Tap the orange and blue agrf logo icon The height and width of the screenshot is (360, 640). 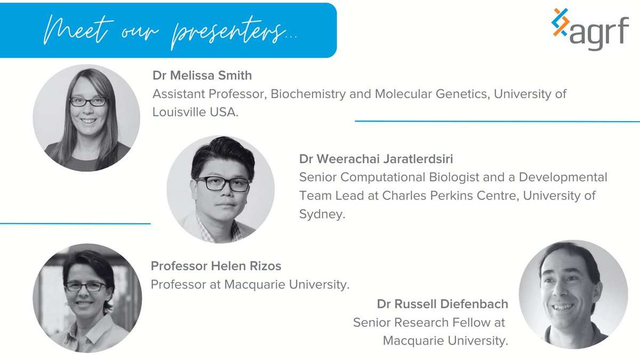point(561,23)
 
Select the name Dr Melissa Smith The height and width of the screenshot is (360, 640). point(202,75)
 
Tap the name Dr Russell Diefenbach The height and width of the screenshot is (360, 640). point(442,305)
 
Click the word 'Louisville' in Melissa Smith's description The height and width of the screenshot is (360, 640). point(181,113)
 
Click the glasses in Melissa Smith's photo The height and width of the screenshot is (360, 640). point(88,101)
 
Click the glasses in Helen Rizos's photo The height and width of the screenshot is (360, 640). point(85,286)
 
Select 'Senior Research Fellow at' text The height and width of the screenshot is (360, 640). point(429,322)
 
